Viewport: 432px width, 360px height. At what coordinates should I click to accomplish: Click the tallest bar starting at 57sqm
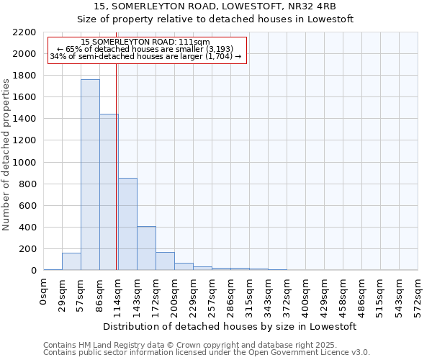coord(90,175)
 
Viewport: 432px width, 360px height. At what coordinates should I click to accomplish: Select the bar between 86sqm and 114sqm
coord(109,192)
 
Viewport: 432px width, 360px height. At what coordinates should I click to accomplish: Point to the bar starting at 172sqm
coord(165,261)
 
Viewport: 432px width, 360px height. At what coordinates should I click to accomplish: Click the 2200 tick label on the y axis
coord(24,32)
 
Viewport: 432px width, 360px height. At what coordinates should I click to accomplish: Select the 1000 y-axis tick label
coord(24,163)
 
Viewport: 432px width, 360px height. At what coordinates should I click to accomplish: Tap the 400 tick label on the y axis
coord(27,228)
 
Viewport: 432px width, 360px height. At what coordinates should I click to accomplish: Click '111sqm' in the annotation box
coord(196,42)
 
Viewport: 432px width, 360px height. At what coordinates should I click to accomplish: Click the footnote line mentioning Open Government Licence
coord(207,352)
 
